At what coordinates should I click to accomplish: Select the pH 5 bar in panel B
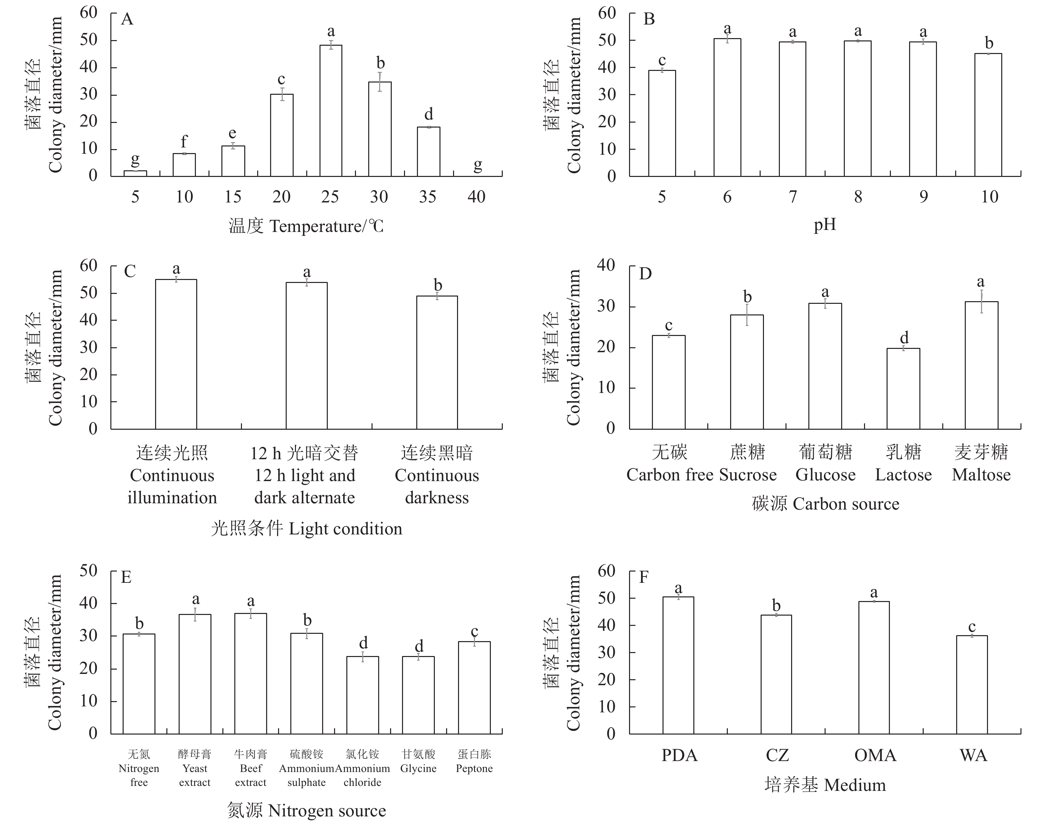(662, 123)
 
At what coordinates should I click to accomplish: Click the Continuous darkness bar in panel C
(437, 362)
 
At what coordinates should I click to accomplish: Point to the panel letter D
(645, 274)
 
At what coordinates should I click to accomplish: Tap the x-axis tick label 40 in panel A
(476, 196)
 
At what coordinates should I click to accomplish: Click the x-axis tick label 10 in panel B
(989, 196)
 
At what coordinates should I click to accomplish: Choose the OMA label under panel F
(875, 755)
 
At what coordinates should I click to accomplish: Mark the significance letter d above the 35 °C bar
(429, 115)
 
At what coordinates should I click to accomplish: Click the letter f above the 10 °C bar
(184, 141)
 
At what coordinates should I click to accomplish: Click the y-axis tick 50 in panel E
(88, 571)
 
